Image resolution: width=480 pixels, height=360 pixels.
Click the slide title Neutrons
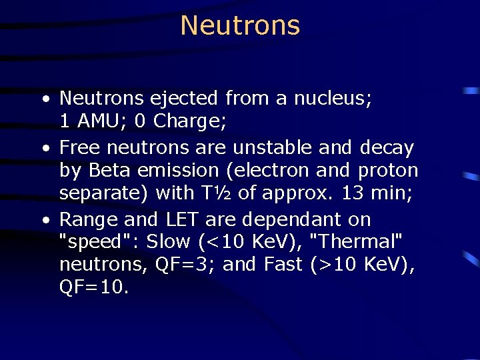coord(240,26)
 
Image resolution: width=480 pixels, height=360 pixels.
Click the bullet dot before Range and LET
coord(44,220)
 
